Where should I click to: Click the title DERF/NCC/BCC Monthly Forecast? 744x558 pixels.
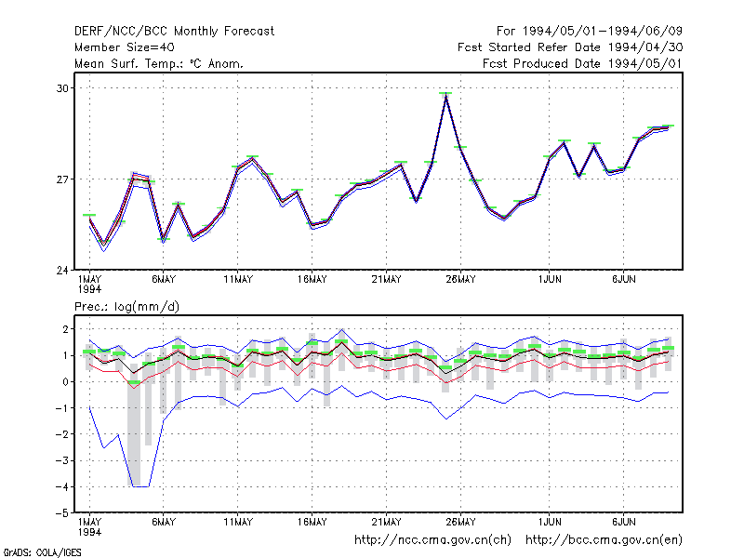pyautogui.click(x=174, y=32)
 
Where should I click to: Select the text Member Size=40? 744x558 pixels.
pyautogui.click(x=125, y=47)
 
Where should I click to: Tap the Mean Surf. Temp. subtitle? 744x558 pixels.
pyautogui.click(x=158, y=63)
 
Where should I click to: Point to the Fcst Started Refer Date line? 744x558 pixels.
pyautogui.click(x=570, y=47)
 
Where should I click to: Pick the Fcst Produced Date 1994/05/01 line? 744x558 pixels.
pyautogui.click(x=582, y=63)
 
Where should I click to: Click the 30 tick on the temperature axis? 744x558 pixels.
pyautogui.click(x=62, y=88)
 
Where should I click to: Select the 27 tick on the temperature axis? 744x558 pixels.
pyautogui.click(x=62, y=179)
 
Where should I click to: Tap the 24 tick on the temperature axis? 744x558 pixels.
pyautogui.click(x=62, y=271)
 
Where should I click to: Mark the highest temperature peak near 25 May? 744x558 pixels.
pyautogui.click(x=445, y=94)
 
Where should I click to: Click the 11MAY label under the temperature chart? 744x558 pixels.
pyautogui.click(x=238, y=280)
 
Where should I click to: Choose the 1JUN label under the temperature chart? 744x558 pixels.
pyautogui.click(x=550, y=280)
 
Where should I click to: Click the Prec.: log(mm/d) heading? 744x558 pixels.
pyautogui.click(x=126, y=307)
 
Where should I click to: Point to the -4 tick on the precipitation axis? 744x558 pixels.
pyautogui.click(x=62, y=486)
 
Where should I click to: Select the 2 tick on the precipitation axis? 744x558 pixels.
pyautogui.click(x=65, y=329)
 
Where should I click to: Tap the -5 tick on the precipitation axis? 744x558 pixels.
pyautogui.click(x=62, y=513)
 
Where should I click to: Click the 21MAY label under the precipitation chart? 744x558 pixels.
pyautogui.click(x=386, y=522)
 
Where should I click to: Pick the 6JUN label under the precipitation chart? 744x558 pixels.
pyautogui.click(x=623, y=522)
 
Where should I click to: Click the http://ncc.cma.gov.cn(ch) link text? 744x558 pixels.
pyautogui.click(x=432, y=540)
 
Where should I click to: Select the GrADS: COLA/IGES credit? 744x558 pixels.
pyautogui.click(x=42, y=552)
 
